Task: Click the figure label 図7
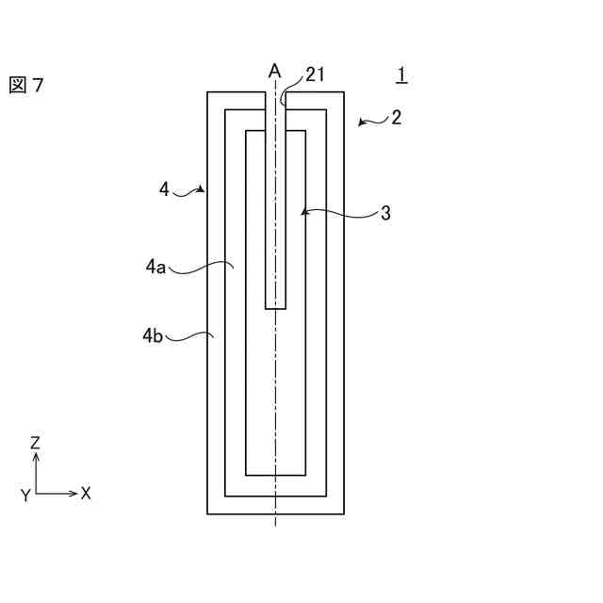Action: pos(26,86)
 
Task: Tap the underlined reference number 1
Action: pos(401,74)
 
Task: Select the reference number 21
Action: pos(315,74)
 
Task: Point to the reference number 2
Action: pos(397,118)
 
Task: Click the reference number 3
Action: pos(385,214)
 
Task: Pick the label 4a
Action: pos(155,268)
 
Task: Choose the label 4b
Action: pos(154,334)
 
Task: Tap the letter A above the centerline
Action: pos(274,71)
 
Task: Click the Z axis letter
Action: pos(35,442)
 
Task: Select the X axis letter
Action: pos(86,493)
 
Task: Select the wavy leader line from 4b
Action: pos(193,334)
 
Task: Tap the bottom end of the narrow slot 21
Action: pos(275,307)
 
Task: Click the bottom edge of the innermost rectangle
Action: pos(275,475)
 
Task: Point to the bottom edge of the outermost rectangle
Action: pos(275,513)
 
